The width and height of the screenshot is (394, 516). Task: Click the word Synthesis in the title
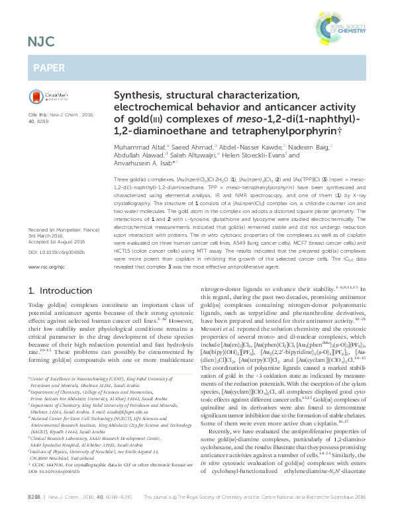(x=138, y=96)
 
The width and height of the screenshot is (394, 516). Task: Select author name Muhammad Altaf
(x=140, y=147)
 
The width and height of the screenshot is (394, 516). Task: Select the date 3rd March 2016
(x=47, y=198)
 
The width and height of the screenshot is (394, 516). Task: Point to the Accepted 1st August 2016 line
(x=54, y=204)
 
